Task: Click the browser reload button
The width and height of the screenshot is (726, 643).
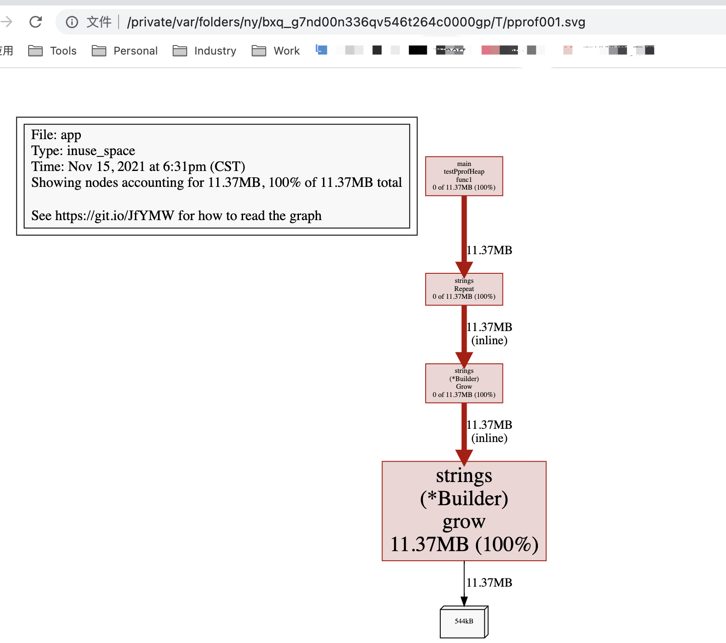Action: coord(35,22)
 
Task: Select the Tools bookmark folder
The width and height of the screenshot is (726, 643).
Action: coord(53,51)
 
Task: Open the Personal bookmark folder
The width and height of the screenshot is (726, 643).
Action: coord(125,51)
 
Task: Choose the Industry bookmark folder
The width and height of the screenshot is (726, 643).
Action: coord(205,51)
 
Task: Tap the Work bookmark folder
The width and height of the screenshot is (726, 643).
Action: coord(276,51)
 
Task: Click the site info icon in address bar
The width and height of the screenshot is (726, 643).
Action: coord(72,22)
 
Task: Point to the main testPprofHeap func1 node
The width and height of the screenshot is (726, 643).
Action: coord(464,176)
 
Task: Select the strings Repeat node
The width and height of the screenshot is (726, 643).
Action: coord(464,289)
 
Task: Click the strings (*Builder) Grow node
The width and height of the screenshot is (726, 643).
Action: coord(464,383)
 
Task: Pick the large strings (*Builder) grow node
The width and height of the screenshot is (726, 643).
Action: coord(464,511)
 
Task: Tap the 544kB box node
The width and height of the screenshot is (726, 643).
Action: coord(464,622)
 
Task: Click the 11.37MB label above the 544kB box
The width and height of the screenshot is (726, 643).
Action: coord(489,583)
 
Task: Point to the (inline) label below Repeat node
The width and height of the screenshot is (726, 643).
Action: coord(489,340)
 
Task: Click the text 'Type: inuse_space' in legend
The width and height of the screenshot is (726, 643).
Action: coord(83,151)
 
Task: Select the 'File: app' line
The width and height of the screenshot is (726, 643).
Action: coord(56,135)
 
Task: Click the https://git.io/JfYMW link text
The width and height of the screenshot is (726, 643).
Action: coord(114,216)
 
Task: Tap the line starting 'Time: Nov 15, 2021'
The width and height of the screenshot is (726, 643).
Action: coord(138,166)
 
